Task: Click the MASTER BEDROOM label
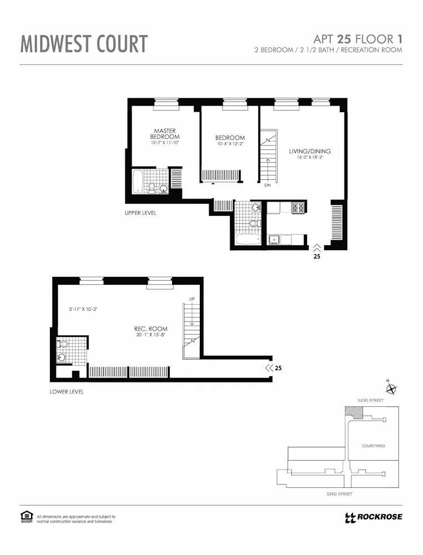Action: click(165, 134)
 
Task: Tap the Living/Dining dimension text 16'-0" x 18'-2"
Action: click(310, 157)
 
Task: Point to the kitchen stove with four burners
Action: click(298, 208)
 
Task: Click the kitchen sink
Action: click(273, 240)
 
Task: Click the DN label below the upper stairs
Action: click(267, 185)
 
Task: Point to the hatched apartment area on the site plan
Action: click(353, 412)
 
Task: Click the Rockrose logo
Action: click(373, 517)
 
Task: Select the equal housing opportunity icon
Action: click(27, 517)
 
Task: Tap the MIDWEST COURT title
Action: click(84, 44)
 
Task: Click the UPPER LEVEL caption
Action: click(140, 213)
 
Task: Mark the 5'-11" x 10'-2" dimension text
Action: click(83, 309)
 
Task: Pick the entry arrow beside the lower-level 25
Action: click(269, 367)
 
